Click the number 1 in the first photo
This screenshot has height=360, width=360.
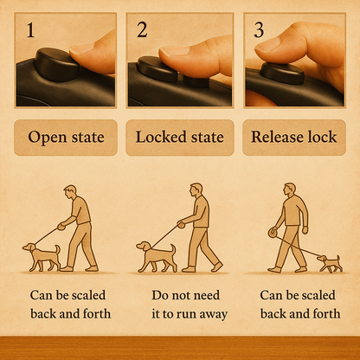[x=30, y=30]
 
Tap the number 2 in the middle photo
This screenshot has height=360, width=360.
[x=142, y=29]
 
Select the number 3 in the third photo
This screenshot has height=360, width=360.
[x=259, y=30]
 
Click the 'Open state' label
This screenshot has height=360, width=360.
[x=66, y=138]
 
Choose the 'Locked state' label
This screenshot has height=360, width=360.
[x=180, y=137]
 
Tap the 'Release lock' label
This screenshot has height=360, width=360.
[x=294, y=137]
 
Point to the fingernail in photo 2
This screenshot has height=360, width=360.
[x=173, y=51]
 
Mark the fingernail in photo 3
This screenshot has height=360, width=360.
[x=267, y=46]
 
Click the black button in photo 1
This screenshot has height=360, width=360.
[x=56, y=64]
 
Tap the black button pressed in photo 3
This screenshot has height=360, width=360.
[x=282, y=74]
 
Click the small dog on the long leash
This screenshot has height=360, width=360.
[x=330, y=263]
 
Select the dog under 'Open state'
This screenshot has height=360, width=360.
[x=42, y=256]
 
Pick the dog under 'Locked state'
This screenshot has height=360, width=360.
[x=157, y=257]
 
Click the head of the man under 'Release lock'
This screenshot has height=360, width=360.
[x=290, y=190]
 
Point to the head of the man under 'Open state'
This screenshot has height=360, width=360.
[x=70, y=192]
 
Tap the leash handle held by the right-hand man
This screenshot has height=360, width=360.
[x=273, y=232]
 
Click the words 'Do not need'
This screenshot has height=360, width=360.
[x=186, y=295]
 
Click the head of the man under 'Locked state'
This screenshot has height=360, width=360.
[x=196, y=190]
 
